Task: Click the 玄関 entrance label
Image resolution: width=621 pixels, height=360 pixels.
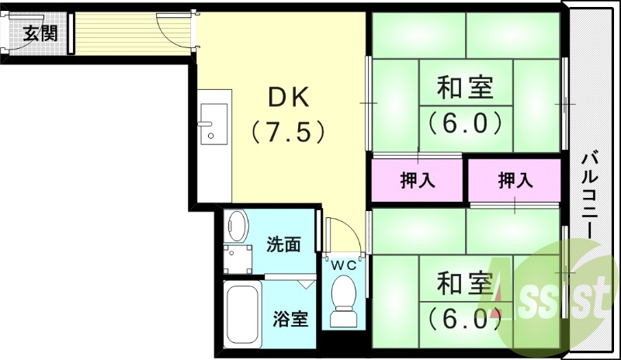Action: [40, 33]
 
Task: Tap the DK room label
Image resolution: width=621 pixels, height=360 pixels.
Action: [289, 99]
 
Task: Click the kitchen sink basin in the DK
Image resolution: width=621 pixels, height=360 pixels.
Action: [212, 127]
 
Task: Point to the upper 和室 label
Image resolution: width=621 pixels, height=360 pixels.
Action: [464, 88]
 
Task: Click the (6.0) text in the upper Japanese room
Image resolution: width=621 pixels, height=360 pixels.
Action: [464, 123]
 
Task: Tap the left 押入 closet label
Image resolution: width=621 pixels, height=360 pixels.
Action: [417, 181]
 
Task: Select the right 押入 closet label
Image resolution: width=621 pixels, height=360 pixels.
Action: [515, 181]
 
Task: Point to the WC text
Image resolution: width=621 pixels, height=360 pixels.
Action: [344, 265]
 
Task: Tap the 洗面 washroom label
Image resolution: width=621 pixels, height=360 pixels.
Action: [283, 245]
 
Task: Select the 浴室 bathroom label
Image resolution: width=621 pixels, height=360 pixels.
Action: [290, 319]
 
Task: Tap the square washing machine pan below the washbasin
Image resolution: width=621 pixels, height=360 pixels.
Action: [239, 259]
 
